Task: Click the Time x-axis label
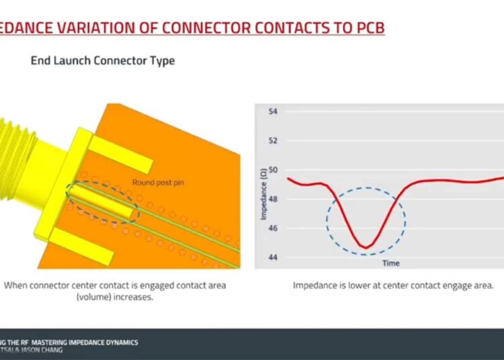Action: pyautogui.click(x=391, y=263)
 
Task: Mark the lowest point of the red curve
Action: pyautogui.click(x=364, y=247)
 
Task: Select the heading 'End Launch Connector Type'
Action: pyautogui.click(x=103, y=60)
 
